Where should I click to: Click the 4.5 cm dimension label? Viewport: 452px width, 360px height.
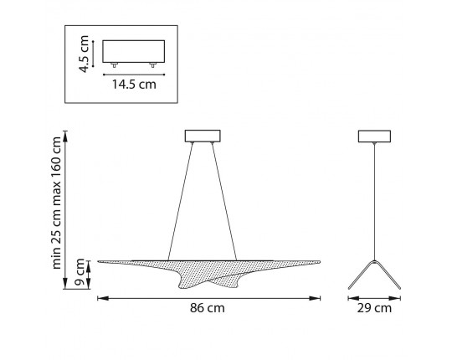point(85,54)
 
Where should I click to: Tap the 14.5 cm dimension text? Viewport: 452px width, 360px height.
point(134,85)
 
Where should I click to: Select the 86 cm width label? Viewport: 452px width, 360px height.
point(208,308)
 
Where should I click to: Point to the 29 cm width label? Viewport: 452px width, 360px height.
point(374,308)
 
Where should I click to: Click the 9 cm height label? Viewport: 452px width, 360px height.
point(80,272)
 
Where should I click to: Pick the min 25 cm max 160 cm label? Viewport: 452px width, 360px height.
point(56,203)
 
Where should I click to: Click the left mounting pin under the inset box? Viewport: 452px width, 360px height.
point(114,64)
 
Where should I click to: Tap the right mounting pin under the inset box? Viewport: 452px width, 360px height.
point(153,64)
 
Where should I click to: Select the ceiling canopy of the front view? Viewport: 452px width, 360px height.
point(203,136)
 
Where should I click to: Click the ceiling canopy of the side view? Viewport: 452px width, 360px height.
point(374,136)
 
